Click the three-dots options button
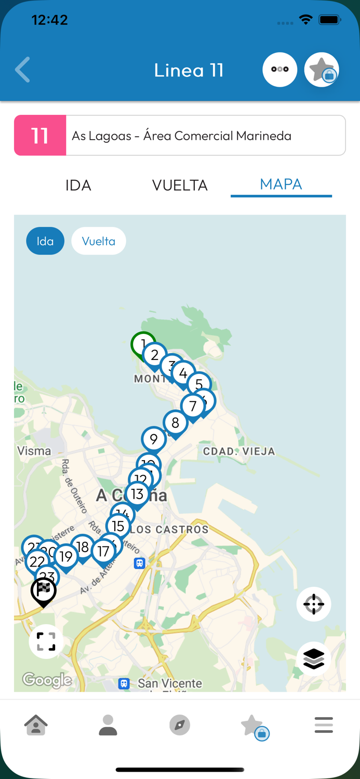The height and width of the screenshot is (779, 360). coord(279,70)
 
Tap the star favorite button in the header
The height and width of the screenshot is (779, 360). coord(322,70)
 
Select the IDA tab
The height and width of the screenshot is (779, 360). coord(78,185)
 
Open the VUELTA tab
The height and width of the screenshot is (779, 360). coord(180,185)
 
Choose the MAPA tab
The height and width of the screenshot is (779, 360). coord(281,185)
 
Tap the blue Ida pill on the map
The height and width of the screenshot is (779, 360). coord(45,241)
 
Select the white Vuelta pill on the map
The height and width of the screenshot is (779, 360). coord(99,241)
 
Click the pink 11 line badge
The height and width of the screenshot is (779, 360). coord(40,136)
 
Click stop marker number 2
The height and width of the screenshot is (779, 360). coord(154,355)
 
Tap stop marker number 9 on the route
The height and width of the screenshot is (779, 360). coord(154,439)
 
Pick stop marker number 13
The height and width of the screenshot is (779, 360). coord(137,494)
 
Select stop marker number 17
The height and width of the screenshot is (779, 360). coord(103,552)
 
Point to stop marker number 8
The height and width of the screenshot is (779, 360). coord(175,423)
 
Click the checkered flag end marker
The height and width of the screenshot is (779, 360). coord(44,590)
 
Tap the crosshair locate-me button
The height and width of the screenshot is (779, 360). coord(314,604)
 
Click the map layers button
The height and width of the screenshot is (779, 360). coord(314,659)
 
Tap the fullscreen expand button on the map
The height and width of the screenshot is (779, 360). coord(46,641)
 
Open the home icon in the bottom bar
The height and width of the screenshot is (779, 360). coord(36,725)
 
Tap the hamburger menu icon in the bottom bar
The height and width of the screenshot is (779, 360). coord(324,725)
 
